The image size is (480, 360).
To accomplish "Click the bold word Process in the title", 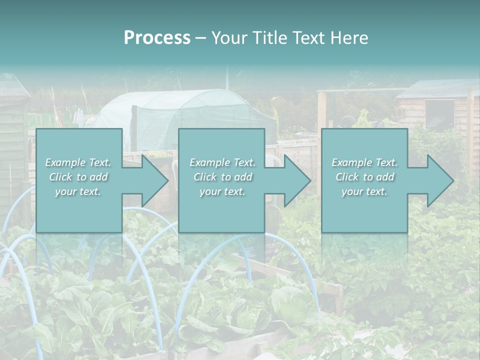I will coord(157,38).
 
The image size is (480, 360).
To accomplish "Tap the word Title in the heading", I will coord(269,38).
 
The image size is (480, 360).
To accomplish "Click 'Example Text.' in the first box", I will coord(78,162).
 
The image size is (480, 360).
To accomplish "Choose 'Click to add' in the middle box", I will coord(222,177).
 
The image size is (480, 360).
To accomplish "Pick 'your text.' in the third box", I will coord(364,191).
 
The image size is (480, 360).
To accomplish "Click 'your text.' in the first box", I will coord(78,191).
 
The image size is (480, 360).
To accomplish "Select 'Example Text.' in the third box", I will coord(364,162).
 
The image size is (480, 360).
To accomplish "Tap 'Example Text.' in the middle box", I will coord(222,162).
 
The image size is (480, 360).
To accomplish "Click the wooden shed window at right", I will coord(439,114).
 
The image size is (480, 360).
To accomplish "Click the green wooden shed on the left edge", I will coord(12,145).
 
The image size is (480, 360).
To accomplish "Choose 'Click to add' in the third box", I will coord(364,177).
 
